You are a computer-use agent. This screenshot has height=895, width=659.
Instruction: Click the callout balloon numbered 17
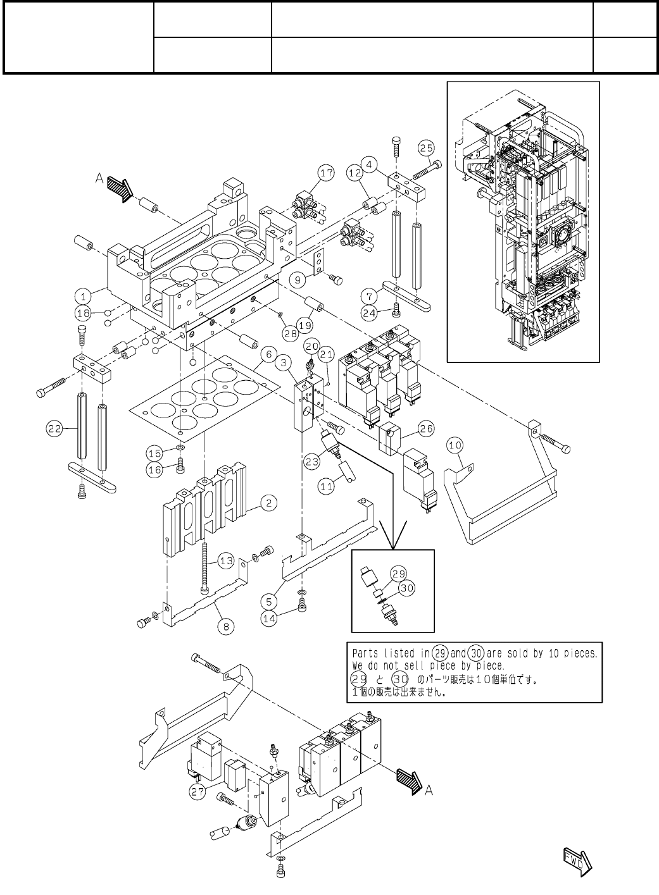(x=326, y=173)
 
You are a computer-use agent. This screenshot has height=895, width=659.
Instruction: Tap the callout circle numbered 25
(x=426, y=148)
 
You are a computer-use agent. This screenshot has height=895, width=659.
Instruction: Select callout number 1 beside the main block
(x=83, y=297)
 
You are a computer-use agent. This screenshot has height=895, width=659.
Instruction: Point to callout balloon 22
(x=54, y=429)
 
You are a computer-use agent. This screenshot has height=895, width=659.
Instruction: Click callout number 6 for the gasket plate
(x=268, y=354)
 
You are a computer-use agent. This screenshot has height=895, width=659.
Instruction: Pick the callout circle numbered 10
(x=455, y=445)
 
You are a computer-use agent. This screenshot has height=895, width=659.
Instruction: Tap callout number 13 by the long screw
(x=227, y=561)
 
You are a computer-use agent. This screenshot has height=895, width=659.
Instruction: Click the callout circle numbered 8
(x=227, y=626)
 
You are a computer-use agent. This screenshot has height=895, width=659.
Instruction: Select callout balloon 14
(x=270, y=619)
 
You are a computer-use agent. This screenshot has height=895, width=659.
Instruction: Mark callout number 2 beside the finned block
(x=268, y=503)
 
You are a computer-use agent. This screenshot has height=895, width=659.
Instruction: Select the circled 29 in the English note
(x=439, y=653)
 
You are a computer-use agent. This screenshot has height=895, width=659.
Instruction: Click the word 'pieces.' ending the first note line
(x=581, y=653)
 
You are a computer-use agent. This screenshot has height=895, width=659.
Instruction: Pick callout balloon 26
(x=426, y=429)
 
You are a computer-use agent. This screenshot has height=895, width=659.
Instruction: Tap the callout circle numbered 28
(x=291, y=333)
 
